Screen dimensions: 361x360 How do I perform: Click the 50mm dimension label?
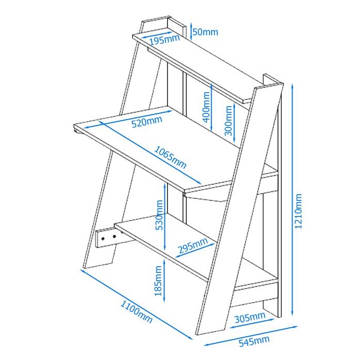click(205, 32)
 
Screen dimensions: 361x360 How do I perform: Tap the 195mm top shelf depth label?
click(164, 40)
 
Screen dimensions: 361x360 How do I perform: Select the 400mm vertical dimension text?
click(206, 107)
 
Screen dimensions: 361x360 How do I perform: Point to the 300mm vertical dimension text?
click(228, 121)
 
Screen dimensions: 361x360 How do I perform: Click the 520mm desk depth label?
click(147, 121)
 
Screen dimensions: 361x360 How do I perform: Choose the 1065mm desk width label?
click(170, 157)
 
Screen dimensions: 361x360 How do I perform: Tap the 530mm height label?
click(159, 215)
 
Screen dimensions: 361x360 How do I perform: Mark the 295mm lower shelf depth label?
click(193, 246)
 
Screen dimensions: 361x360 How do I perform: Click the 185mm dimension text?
click(158, 281)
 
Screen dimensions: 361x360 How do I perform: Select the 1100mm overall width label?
click(136, 312)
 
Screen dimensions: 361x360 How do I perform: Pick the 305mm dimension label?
click(250, 317)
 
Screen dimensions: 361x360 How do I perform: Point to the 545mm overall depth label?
click(254, 341)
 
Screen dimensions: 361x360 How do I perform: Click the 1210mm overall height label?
click(298, 211)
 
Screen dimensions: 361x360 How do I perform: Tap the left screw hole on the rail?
click(103, 238)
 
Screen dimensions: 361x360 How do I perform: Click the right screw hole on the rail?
click(114, 236)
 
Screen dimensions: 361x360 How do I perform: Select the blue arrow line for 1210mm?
click(292, 200)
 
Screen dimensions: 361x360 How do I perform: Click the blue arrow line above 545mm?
click(250, 335)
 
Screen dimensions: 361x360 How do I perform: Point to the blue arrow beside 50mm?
click(191, 31)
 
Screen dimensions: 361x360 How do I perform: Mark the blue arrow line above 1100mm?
click(136, 304)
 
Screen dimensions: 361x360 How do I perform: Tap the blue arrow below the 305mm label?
click(252, 323)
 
